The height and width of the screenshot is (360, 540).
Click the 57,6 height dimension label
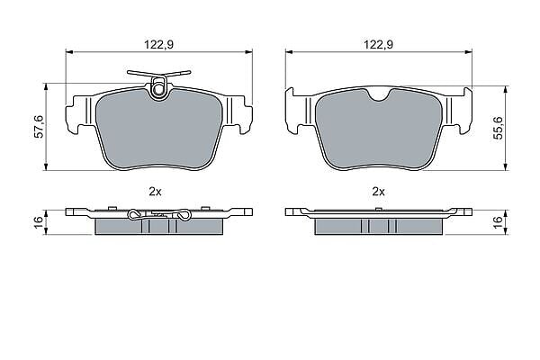pyautogui.click(x=40, y=127)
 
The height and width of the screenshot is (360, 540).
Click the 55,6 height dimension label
pyautogui.click(x=498, y=128)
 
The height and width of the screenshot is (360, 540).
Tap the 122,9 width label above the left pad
pyautogui.click(x=158, y=44)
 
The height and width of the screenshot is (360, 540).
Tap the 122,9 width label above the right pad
pyautogui.click(x=379, y=44)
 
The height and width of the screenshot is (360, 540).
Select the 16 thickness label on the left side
pyautogui.click(x=40, y=222)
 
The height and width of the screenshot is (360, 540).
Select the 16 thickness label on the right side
pyautogui.click(x=498, y=222)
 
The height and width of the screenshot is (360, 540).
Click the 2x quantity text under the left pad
pyautogui.click(x=155, y=192)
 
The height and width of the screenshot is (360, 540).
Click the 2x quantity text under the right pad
pyautogui.click(x=379, y=192)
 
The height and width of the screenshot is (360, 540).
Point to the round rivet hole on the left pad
pyautogui.click(x=158, y=89)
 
